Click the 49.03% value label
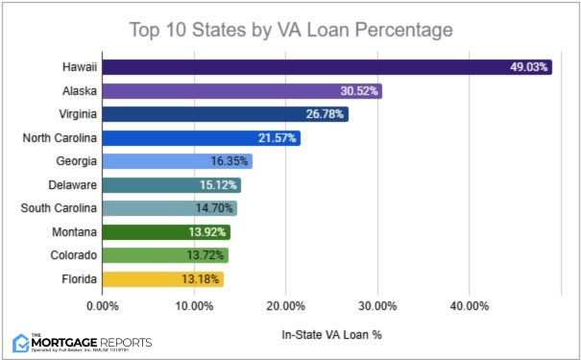(x=530, y=67)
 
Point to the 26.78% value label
(x=326, y=114)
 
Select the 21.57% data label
(x=278, y=138)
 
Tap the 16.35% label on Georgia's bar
(x=230, y=161)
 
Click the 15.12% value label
(x=219, y=185)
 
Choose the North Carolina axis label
(x=59, y=138)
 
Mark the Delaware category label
(x=72, y=185)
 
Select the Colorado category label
(x=72, y=255)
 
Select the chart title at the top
(x=290, y=30)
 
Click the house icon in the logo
(x=21, y=342)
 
